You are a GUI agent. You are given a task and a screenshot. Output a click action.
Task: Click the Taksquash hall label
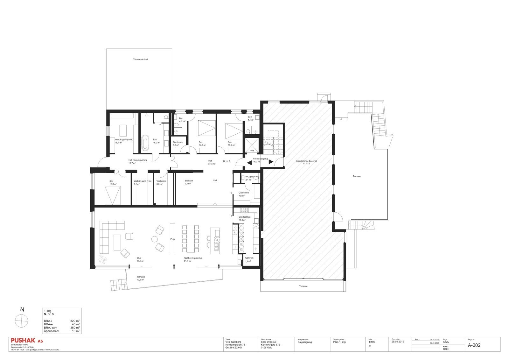pos(140,60)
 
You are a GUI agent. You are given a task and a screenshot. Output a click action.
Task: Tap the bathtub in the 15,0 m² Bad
pos(145,142)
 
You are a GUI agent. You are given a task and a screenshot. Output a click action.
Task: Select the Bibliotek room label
pos(189,181)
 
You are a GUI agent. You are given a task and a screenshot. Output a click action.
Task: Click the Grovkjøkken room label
pos(244,217)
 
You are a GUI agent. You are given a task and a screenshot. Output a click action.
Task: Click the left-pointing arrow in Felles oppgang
pos(249,162)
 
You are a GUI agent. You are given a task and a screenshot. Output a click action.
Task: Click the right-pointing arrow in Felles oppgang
pos(271,162)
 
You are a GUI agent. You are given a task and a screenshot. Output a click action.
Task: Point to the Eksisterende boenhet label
pos(306,161)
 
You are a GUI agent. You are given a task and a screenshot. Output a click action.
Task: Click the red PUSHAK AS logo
pos(26,341)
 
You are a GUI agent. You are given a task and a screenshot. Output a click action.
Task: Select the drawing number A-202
pos(474,345)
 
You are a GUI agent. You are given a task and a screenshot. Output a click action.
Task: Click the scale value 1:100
pos(372,342)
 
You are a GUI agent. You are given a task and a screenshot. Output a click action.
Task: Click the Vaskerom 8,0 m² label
pos(161,182)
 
